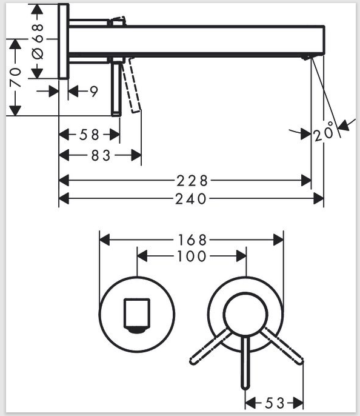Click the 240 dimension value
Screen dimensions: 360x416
pos(190,199)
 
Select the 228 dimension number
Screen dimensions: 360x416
pos(192,181)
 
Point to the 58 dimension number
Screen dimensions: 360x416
pos(89,135)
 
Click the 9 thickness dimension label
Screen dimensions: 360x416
pos(94,92)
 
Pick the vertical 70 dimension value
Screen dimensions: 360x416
pos(15,77)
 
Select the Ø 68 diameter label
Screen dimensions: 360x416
pos(38,41)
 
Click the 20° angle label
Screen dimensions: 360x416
pos(324,132)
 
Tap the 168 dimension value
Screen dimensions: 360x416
pos(192,240)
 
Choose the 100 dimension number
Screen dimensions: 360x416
pos(192,257)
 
